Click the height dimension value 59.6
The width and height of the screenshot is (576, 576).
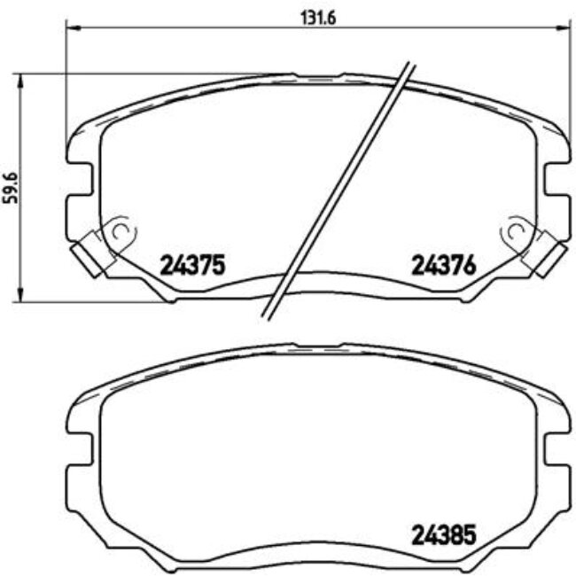tap(11, 188)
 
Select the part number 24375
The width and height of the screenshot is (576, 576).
tap(194, 264)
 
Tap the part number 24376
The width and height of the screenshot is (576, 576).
tap(444, 264)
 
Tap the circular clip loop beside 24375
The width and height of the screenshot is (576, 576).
tap(121, 232)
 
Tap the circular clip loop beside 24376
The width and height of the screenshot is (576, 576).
tap(512, 232)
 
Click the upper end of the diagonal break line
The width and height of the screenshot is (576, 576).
tap(410, 65)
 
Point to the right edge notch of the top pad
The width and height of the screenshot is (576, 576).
tap(556, 183)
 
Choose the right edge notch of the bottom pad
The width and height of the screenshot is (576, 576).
tap(556, 451)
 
